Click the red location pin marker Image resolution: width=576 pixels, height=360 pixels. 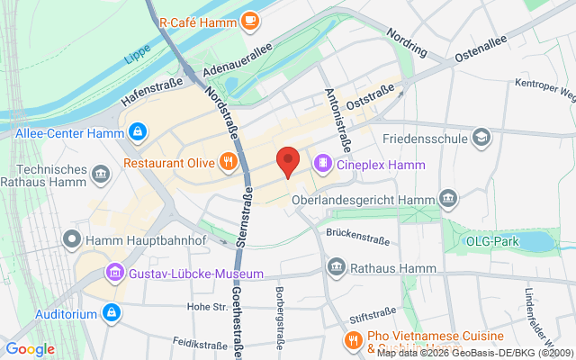287,160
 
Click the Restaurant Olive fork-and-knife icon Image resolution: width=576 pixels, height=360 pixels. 229,163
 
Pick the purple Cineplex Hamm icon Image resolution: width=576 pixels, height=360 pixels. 322,164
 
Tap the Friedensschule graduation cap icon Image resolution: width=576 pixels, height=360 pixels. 482,139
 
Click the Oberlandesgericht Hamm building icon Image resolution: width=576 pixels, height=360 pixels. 448,197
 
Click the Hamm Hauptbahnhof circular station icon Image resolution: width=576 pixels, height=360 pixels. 71,239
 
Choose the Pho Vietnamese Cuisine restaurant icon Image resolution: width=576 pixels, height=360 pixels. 352,340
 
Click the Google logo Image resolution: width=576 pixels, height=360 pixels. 31,349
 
